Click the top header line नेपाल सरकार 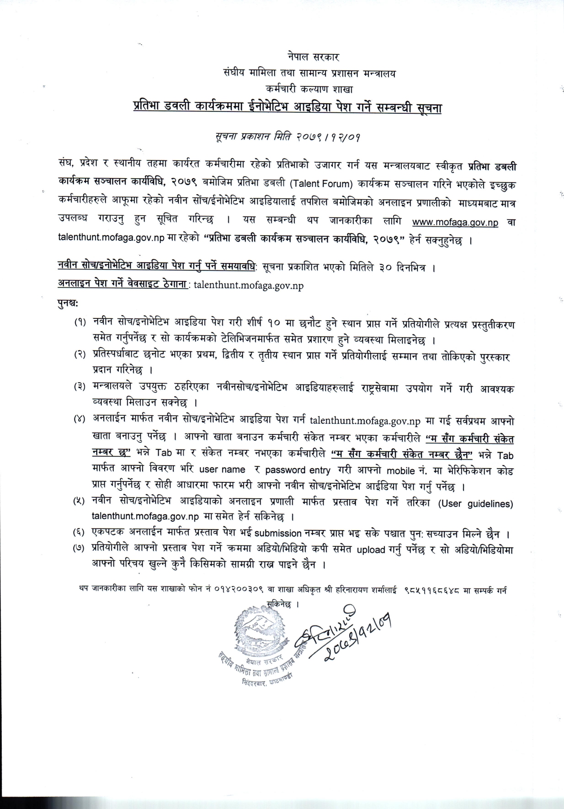[313, 58]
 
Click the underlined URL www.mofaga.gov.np [455, 222]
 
